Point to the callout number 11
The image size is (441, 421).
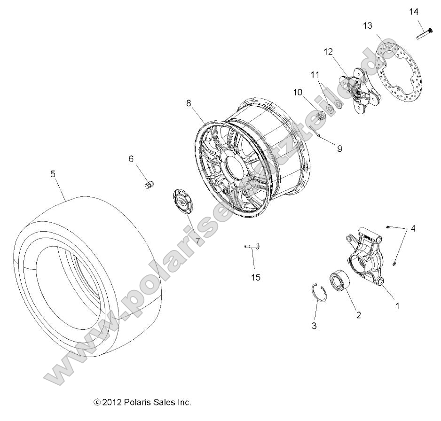click(315, 74)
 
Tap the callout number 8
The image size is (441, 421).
click(189, 103)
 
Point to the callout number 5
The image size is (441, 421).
click(53, 174)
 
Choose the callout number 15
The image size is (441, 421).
click(255, 277)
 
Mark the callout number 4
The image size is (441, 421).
click(413, 229)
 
